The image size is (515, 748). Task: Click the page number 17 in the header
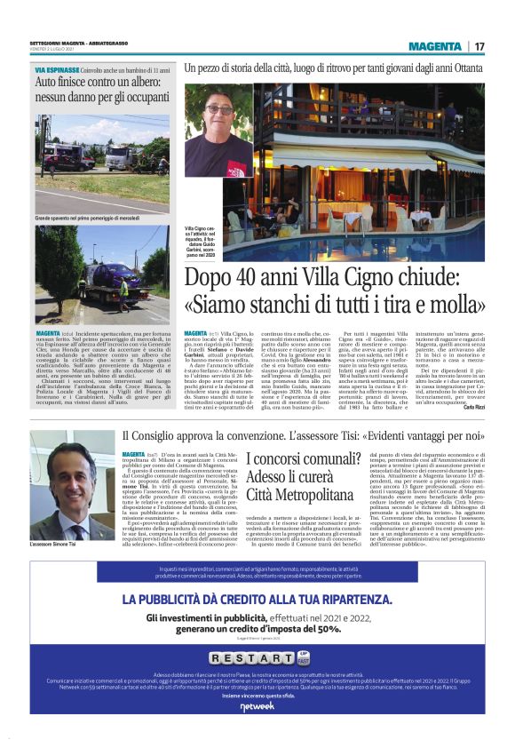coord(479,46)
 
